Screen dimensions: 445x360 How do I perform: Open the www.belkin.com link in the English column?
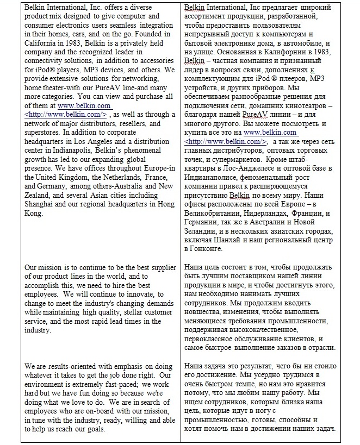click(x=84, y=105)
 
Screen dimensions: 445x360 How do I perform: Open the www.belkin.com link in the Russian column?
click(x=270, y=131)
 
